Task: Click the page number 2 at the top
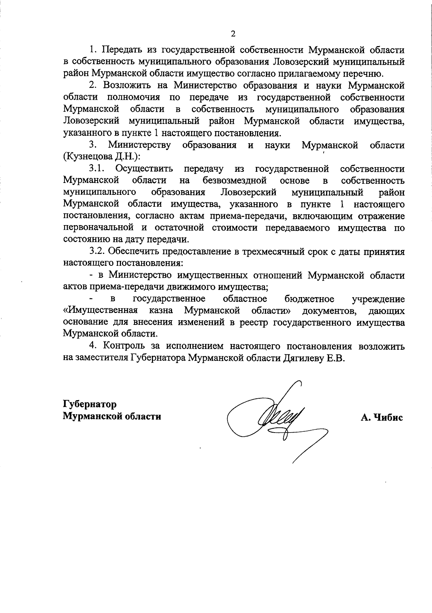tap(233, 34)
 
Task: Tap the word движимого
tap(204, 287)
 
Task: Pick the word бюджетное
tap(309, 299)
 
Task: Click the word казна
tap(161, 311)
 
